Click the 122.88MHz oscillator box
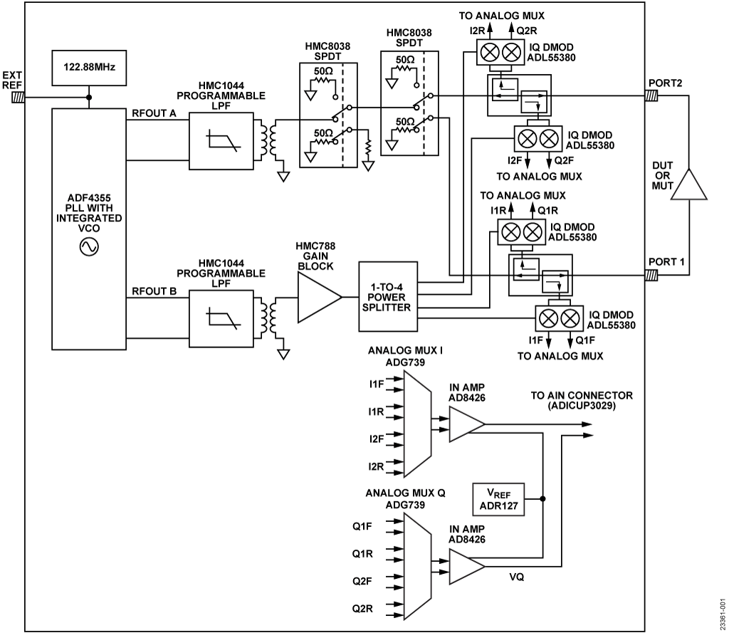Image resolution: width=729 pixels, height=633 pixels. pyautogui.click(x=89, y=69)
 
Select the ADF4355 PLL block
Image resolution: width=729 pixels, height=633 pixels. pyautogui.click(x=89, y=214)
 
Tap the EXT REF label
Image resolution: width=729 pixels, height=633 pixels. pyautogui.click(x=11, y=80)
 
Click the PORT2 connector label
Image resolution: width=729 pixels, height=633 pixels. pyautogui.click(x=665, y=83)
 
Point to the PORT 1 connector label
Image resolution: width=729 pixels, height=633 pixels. pyautogui.click(x=666, y=261)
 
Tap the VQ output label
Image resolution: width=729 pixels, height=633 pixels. pyautogui.click(x=516, y=577)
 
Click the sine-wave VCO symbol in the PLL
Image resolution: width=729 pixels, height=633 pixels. pyautogui.click(x=89, y=247)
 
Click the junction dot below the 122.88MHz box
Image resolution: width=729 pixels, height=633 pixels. pyautogui.click(x=89, y=98)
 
